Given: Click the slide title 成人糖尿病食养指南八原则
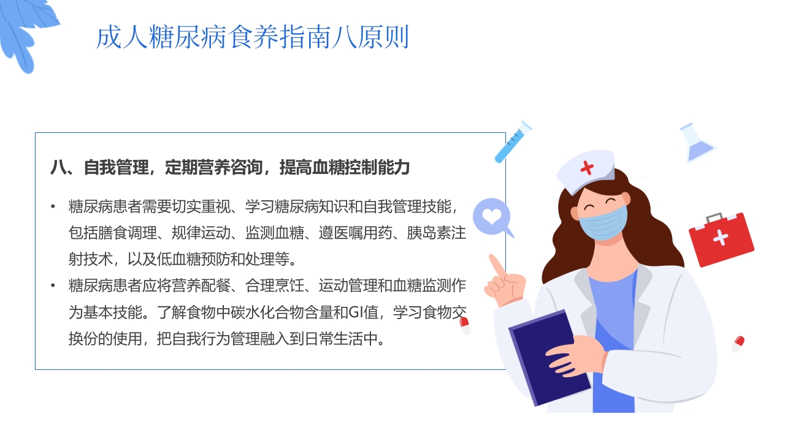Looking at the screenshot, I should (x=252, y=38).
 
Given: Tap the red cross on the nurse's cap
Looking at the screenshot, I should (x=587, y=167).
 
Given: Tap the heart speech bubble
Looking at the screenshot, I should (x=492, y=217).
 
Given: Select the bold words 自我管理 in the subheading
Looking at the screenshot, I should (x=116, y=167).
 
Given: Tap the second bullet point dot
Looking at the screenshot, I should (x=53, y=285).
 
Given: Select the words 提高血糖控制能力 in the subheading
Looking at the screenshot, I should (x=344, y=167).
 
